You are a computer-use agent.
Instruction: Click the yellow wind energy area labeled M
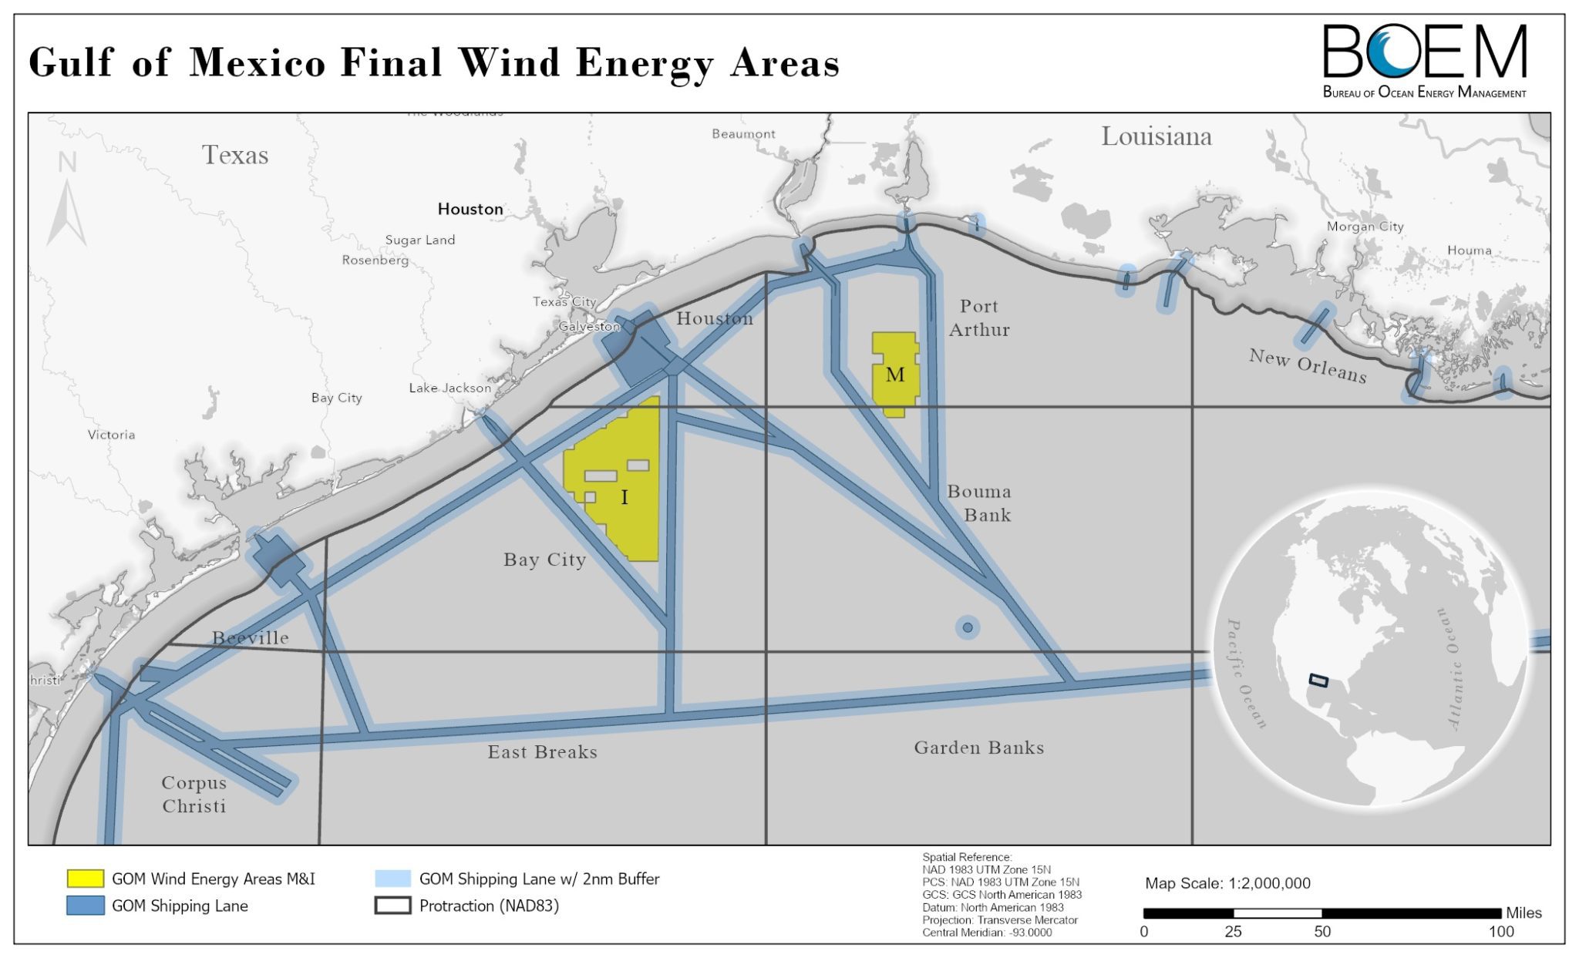coord(894,375)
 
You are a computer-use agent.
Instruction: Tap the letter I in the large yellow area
coord(625,498)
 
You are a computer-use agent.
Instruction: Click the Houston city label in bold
coord(470,209)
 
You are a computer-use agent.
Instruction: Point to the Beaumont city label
coord(743,134)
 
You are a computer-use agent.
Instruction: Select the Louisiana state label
coord(1156,137)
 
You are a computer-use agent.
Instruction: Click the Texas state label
coord(235,156)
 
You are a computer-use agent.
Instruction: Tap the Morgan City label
coord(1365,227)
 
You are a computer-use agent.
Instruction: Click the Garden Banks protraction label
coord(979,748)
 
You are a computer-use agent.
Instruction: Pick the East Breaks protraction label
coord(542,752)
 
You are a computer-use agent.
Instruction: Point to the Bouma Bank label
coord(979,503)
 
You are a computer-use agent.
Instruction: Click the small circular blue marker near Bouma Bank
coord(968,627)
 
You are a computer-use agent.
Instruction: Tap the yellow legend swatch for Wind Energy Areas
coord(85,879)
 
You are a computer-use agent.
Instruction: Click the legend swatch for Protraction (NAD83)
coord(392,906)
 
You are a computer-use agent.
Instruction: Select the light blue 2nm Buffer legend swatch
coord(392,879)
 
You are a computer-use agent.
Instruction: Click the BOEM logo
coord(1424,60)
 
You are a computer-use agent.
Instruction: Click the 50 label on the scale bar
coord(1321,932)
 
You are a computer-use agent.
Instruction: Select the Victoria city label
coord(111,435)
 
